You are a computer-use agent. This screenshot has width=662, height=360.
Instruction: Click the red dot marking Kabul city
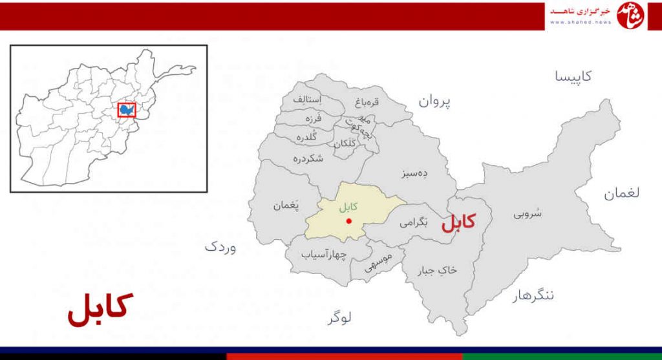coord(349,221)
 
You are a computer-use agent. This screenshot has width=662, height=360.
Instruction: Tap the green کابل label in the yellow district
coord(348,207)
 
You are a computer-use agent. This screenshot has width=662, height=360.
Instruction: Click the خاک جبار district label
coord(438,269)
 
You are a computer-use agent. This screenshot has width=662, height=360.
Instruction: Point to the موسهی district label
coord(378,263)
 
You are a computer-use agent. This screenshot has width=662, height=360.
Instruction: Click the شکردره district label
coord(308,158)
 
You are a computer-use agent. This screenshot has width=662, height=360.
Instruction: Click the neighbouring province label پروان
coord(434,101)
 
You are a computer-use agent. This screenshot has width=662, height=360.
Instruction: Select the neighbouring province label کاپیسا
coord(573,76)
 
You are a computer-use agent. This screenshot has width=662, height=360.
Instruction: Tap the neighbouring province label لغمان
coord(622,193)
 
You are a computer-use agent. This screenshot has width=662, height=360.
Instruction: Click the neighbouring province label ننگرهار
coord(533,296)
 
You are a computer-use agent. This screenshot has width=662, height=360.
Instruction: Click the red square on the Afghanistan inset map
coord(127,110)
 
